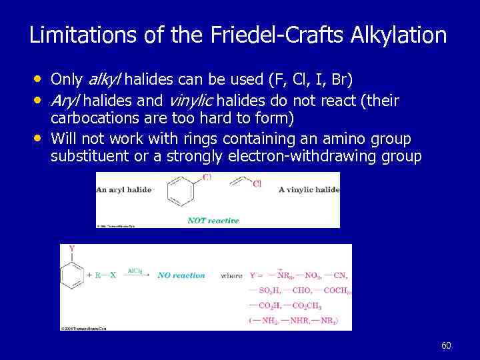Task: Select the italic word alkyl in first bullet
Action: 103,80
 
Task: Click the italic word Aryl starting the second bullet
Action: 65,101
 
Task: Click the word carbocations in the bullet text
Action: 90,119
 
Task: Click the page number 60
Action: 446,345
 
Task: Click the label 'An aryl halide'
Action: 124,189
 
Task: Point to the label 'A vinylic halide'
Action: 309,189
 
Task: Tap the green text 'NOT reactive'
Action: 213,221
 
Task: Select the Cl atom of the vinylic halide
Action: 257,185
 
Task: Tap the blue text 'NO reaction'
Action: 181,275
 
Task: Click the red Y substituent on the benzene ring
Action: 71,249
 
